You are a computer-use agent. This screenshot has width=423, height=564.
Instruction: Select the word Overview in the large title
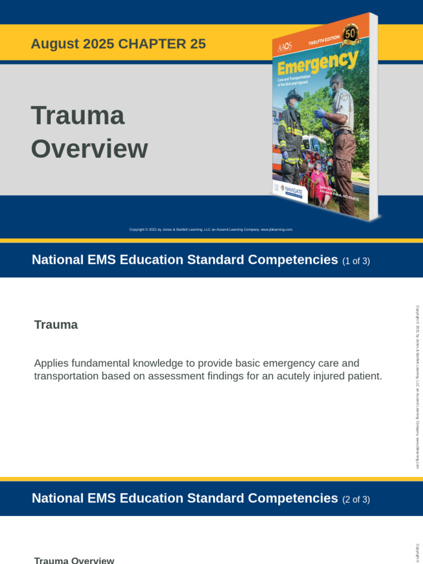click(89, 149)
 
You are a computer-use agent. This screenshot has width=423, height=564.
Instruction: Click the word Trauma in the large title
click(78, 116)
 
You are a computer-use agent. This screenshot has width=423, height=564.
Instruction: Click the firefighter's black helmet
click(293, 94)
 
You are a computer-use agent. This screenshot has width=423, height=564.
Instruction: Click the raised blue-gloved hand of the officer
click(319, 113)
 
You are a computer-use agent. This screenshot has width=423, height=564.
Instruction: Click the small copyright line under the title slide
click(211, 230)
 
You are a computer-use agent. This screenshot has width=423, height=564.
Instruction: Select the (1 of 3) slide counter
click(356, 261)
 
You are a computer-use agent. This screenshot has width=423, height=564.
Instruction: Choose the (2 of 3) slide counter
click(356, 500)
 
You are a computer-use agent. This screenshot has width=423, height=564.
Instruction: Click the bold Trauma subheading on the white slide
click(56, 325)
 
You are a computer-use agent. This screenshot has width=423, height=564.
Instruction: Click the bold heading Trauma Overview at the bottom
click(74, 560)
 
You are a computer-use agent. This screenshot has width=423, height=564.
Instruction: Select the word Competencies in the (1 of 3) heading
click(292, 260)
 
